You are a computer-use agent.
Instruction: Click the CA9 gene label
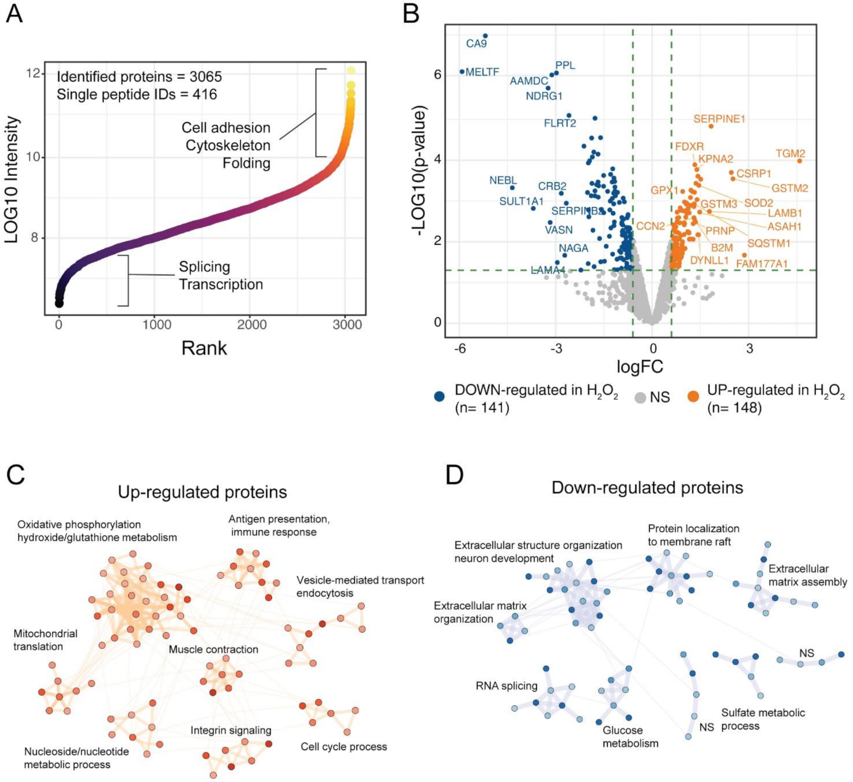click(x=476, y=44)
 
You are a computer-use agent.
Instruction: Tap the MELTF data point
click(x=462, y=72)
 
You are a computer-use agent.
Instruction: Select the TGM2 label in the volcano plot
click(x=790, y=154)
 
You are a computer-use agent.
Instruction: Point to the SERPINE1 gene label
click(x=719, y=119)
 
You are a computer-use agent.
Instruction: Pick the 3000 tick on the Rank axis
click(x=347, y=325)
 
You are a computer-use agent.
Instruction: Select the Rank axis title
click(x=204, y=348)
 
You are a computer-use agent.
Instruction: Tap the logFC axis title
click(x=639, y=366)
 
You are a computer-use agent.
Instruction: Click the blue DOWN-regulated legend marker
click(x=439, y=397)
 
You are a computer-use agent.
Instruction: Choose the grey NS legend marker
click(x=639, y=397)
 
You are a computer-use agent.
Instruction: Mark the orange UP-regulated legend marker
click(x=694, y=397)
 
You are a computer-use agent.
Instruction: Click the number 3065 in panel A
click(x=206, y=77)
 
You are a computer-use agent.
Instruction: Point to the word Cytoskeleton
click(x=228, y=146)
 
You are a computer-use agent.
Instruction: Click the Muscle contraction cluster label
click(x=214, y=650)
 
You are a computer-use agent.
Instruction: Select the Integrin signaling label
click(x=231, y=730)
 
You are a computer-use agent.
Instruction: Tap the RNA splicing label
click(x=506, y=686)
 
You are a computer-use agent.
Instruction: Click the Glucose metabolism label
click(x=630, y=737)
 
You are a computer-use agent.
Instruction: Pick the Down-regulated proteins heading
click(x=647, y=488)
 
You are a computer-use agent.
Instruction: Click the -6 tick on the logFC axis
click(x=460, y=349)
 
